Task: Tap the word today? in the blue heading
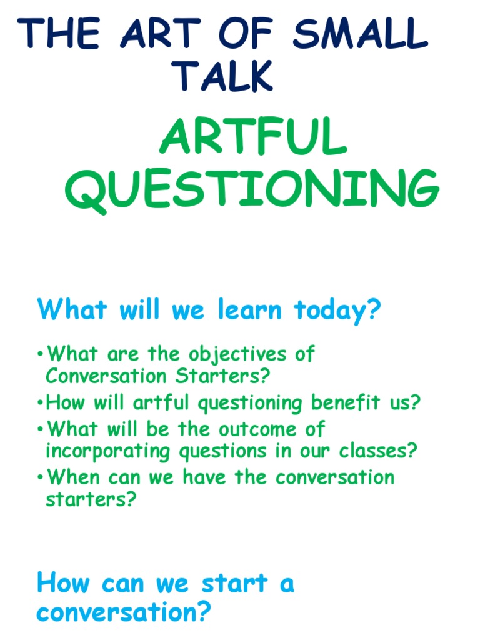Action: (337, 311)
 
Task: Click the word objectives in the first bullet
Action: (231, 354)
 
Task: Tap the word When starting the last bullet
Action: (74, 477)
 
